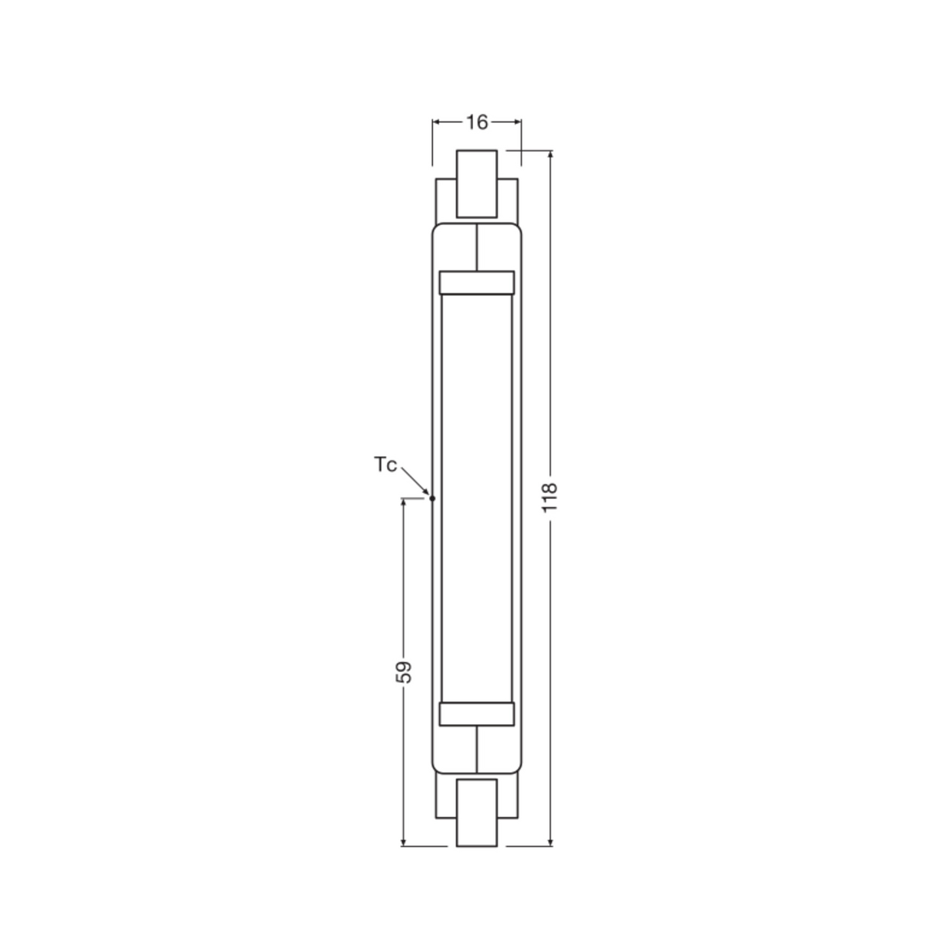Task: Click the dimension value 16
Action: click(477, 122)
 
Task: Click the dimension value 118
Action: click(549, 497)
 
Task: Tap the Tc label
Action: click(385, 465)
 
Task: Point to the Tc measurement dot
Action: click(432, 498)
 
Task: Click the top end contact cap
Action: click(476, 183)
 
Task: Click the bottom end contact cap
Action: click(476, 812)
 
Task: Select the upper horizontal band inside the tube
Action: click(476, 283)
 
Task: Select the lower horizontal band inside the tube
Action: click(476, 714)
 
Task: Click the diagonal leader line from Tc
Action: click(414, 480)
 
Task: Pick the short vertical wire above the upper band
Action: click(477, 247)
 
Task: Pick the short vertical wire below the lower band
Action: click(477, 750)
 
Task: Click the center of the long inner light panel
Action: click(476, 498)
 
